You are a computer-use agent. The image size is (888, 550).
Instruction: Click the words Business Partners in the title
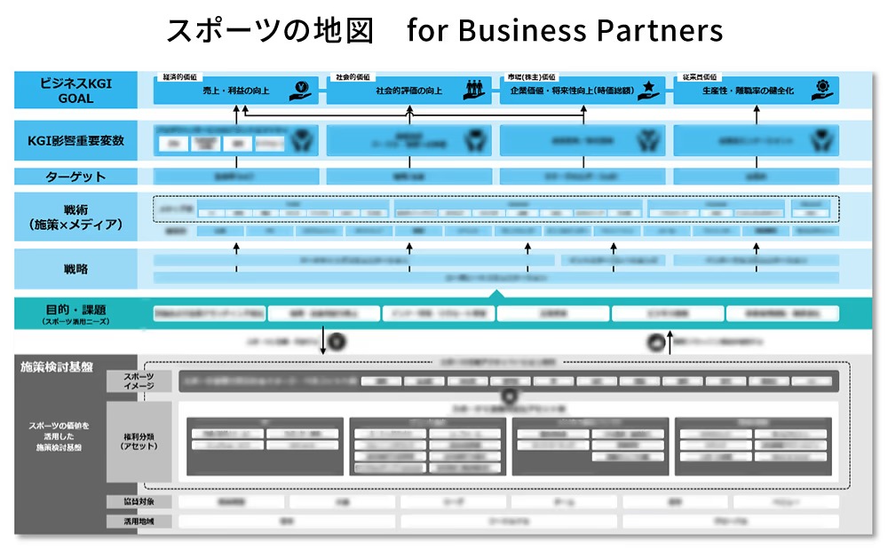point(591,31)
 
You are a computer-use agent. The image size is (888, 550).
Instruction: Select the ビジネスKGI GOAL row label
point(75,90)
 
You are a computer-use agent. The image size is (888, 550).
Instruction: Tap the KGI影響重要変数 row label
point(75,140)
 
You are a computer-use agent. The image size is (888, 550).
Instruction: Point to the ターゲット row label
point(75,177)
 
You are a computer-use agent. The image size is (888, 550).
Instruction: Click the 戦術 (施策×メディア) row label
point(75,217)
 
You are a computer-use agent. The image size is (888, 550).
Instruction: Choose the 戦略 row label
point(75,268)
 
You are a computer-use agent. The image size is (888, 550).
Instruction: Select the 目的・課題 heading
point(75,312)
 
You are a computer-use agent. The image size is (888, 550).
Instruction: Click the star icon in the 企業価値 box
point(651,89)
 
